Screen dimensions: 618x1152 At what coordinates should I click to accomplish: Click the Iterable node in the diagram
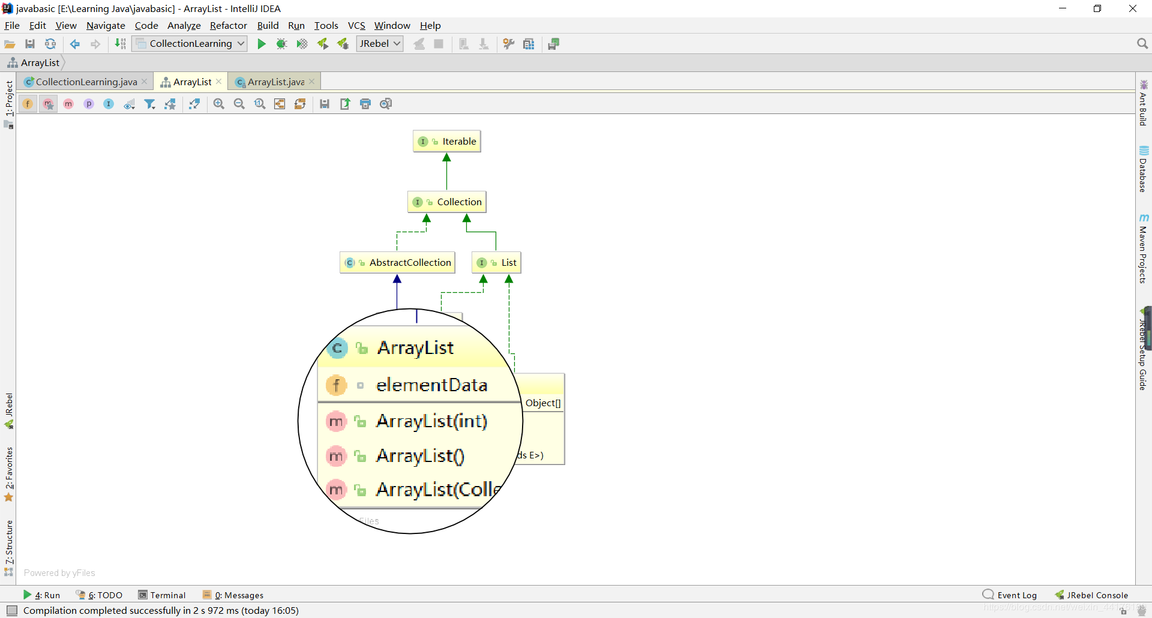447,142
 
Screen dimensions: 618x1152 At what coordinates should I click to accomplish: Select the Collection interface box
447,202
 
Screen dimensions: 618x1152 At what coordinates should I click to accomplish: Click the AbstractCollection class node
398,263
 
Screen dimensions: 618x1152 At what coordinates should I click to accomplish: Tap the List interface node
497,263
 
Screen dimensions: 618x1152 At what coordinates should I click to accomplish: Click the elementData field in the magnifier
431,385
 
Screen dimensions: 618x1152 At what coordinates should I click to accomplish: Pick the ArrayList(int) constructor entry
431,421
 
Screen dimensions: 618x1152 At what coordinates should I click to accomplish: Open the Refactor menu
228,26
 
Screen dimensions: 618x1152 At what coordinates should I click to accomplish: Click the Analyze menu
184,26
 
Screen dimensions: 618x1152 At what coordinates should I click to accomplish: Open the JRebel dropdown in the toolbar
380,44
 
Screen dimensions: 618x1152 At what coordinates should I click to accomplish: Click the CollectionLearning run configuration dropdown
190,44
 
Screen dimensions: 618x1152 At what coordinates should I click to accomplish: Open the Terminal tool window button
162,595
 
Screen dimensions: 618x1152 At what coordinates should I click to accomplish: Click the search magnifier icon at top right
1142,44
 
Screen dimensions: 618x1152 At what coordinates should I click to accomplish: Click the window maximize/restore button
1097,8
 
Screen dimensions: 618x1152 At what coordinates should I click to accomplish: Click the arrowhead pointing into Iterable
446,158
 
